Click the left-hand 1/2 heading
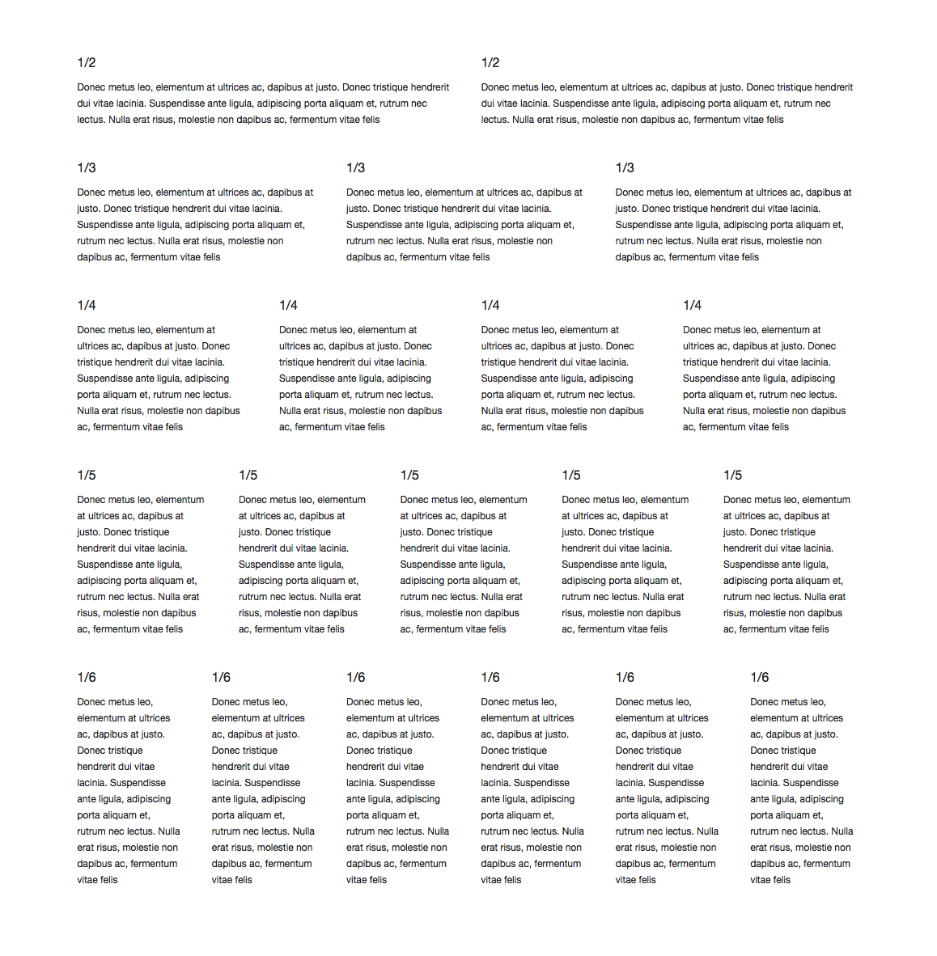[x=87, y=62]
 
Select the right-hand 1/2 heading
[x=490, y=62]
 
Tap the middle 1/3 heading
[x=355, y=167]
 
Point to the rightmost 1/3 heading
[x=625, y=167]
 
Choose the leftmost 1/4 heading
[x=87, y=305]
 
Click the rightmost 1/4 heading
[x=692, y=305]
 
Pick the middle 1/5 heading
[x=409, y=475]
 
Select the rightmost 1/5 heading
[x=732, y=475]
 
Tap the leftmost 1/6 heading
[x=87, y=677]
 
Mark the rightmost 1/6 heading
[x=759, y=677]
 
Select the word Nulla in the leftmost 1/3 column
[x=169, y=241]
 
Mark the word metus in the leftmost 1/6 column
[x=121, y=702]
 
